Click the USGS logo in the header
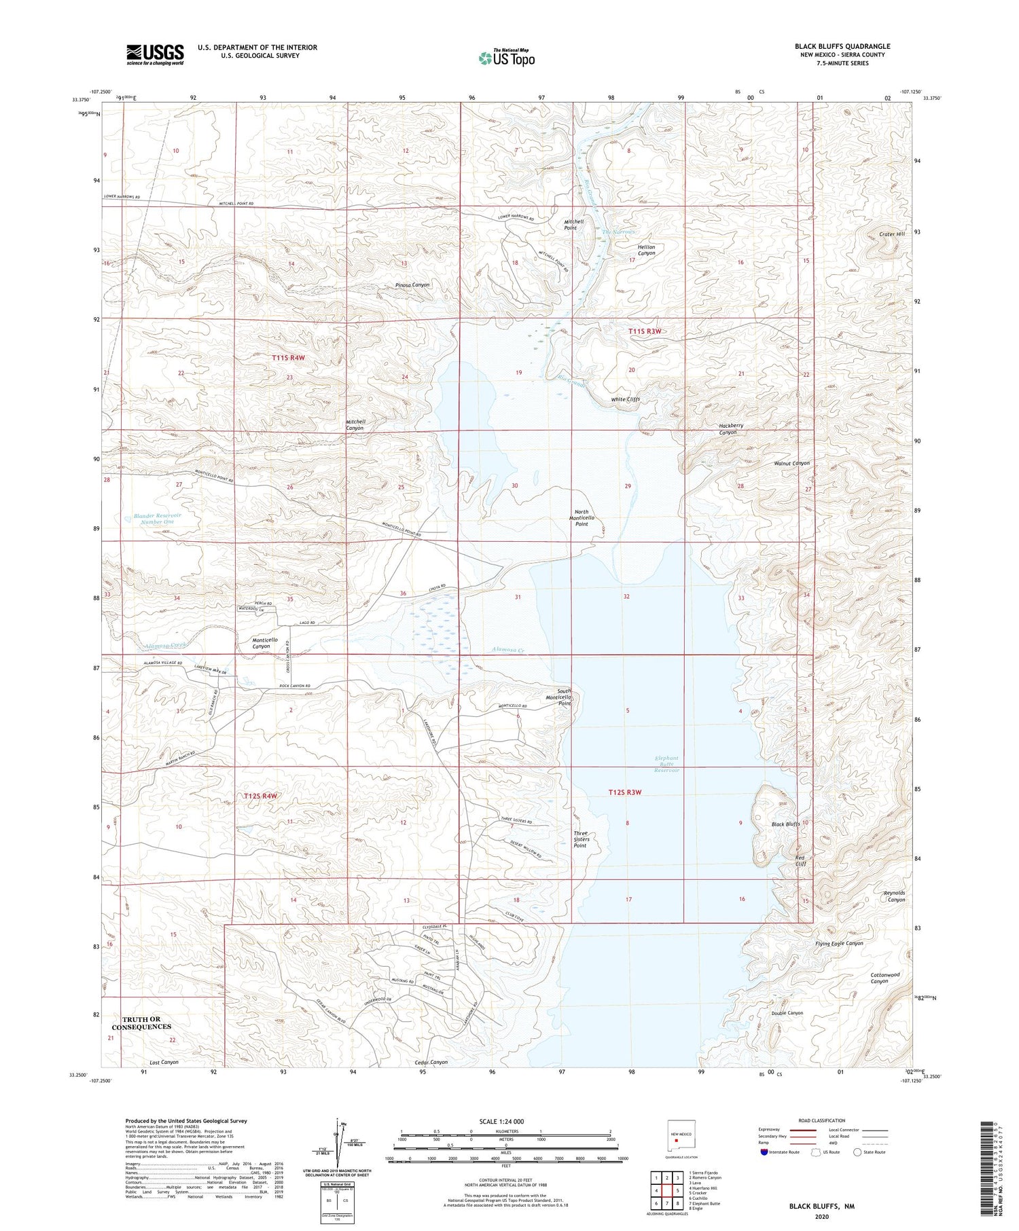(155, 54)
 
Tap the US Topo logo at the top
(506, 58)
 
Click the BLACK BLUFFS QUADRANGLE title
(842, 46)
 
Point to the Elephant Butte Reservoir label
(666, 764)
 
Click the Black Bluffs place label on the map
(785, 824)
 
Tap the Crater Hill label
(891, 234)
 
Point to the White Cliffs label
(625, 399)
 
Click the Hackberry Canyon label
(728, 429)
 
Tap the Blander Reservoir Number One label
(158, 518)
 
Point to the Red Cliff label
(800, 860)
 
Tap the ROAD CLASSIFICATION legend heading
(822, 1120)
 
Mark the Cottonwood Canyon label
(884, 978)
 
